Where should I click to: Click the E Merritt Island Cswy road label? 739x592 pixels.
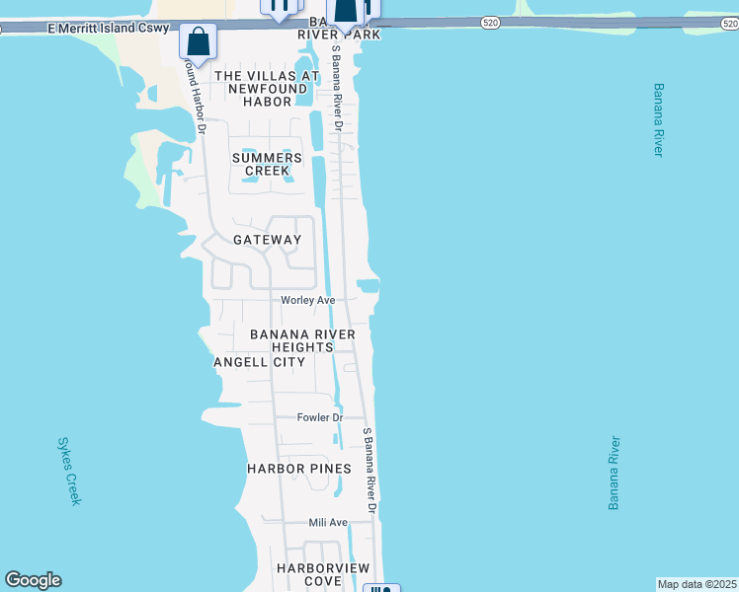[x=108, y=30]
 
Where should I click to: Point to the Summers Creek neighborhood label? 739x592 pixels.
[x=267, y=164]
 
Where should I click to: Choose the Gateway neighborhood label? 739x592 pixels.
[x=267, y=240]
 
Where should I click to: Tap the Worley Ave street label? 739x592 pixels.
[x=308, y=300]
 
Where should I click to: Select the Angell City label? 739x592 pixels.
[x=259, y=362]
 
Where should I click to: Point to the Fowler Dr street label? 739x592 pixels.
[x=319, y=417]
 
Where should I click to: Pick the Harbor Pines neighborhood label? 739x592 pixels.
[x=299, y=468]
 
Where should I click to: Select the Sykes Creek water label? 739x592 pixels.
[x=69, y=472]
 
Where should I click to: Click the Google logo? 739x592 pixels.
[x=33, y=580]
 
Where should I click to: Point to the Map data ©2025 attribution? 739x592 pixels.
[x=697, y=584]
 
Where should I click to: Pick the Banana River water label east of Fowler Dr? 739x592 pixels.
[x=615, y=472]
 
